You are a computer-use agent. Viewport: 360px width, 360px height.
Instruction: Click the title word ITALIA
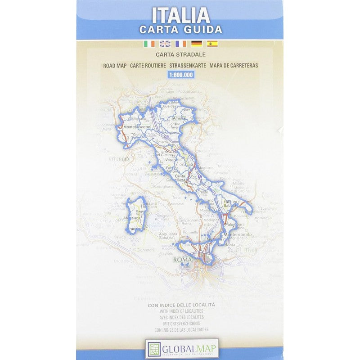click(x=180, y=15)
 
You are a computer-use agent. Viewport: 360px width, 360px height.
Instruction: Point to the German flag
click(x=196, y=44)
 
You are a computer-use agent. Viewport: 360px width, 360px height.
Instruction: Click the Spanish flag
click(x=212, y=44)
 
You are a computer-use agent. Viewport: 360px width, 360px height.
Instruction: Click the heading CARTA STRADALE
click(x=180, y=55)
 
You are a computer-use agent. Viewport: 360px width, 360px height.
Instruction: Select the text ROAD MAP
click(x=114, y=66)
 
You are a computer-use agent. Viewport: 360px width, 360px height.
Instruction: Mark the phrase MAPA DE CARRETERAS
click(x=234, y=66)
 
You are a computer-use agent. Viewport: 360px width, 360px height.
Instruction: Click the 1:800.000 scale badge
click(x=180, y=75)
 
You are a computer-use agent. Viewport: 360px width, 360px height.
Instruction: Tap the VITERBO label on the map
click(x=119, y=159)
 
